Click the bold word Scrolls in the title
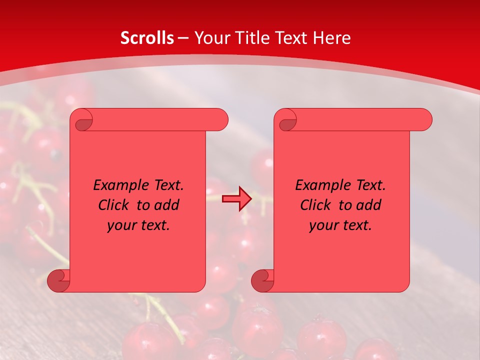(x=147, y=38)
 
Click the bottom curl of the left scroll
(x=58, y=280)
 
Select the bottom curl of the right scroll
(x=262, y=280)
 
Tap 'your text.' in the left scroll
(x=138, y=225)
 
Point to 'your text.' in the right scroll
(x=340, y=225)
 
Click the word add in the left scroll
(x=167, y=205)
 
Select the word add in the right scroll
(x=369, y=205)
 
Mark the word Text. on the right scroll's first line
(x=369, y=185)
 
